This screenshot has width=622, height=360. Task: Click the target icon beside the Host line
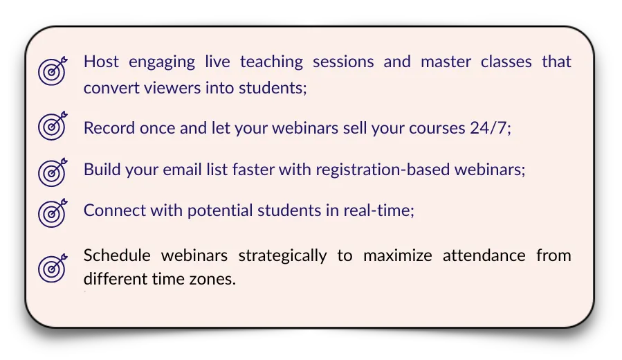coord(53,71)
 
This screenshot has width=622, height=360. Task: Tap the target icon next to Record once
coord(53,126)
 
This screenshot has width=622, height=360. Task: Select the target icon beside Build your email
coord(53,172)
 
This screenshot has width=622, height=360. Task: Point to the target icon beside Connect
coord(53,213)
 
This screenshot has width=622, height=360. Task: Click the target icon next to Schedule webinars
coord(53,269)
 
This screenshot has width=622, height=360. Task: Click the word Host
coord(101,62)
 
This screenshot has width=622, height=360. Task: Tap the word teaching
coord(271,62)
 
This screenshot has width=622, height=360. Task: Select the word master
coord(446,62)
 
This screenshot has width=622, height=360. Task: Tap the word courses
coord(437,129)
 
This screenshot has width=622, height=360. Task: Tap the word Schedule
coord(117,255)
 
